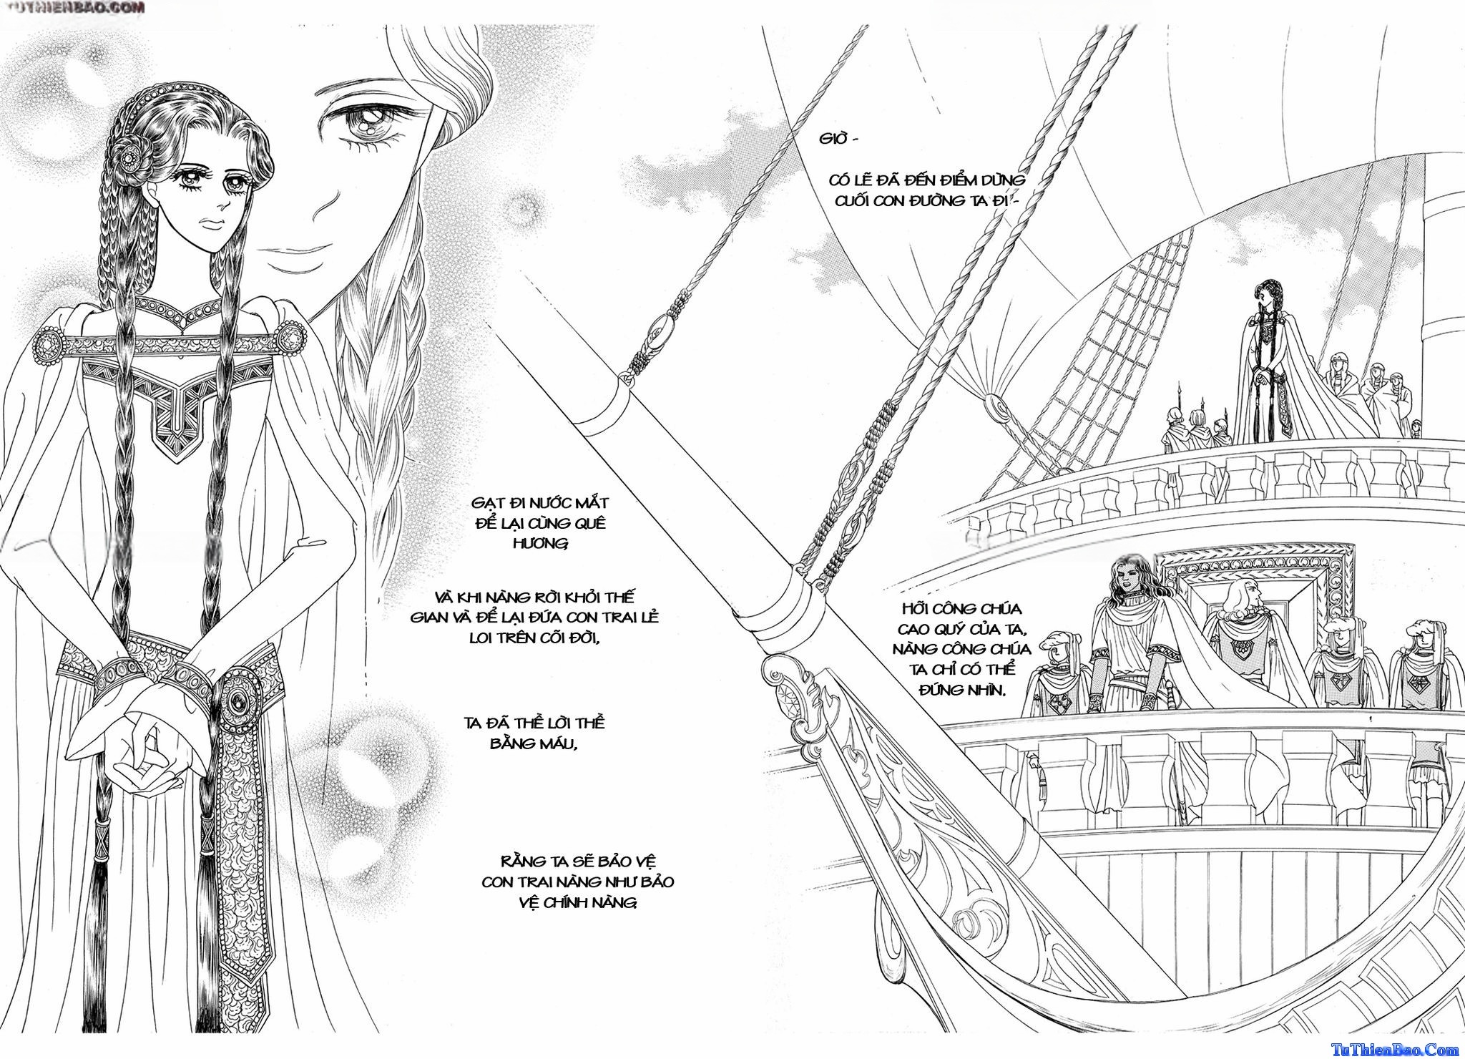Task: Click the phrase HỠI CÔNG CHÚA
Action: point(962,609)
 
